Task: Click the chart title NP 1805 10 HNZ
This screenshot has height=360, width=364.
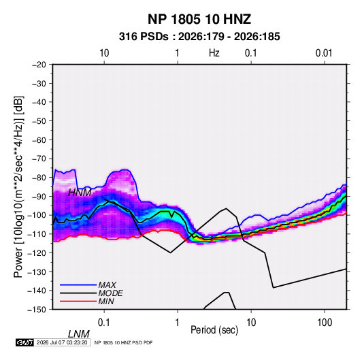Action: pyautogui.click(x=199, y=19)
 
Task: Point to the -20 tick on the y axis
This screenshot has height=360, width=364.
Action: pyautogui.click(x=39, y=65)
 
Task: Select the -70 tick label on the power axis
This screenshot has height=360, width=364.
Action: pyautogui.click(x=39, y=159)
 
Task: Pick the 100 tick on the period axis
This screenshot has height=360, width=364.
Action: pyautogui.click(x=325, y=323)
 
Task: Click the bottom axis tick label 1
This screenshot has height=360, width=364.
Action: pyautogui.click(x=177, y=323)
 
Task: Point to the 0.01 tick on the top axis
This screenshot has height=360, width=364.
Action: pyautogui.click(x=324, y=53)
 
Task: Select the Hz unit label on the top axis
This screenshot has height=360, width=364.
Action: pyautogui.click(x=214, y=53)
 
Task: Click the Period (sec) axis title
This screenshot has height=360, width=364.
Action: pyautogui.click(x=214, y=330)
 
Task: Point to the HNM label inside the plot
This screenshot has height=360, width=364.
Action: pyautogui.click(x=80, y=193)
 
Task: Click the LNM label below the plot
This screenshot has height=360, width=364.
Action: pyautogui.click(x=79, y=334)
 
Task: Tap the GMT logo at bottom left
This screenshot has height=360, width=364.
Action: pyautogui.click(x=25, y=342)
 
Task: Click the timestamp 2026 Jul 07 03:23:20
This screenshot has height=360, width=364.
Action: pyautogui.click(x=62, y=342)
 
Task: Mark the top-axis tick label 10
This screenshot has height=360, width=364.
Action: pyautogui.click(x=104, y=53)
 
